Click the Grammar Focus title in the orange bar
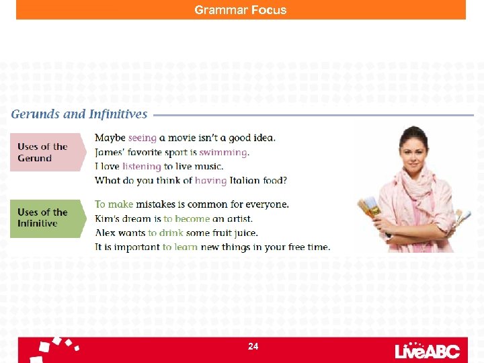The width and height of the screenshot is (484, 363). pos(241,10)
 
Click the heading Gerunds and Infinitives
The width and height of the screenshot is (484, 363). pos(79,114)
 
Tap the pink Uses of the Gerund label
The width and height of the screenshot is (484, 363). pos(43,153)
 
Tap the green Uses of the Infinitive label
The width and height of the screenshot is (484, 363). pos(43,218)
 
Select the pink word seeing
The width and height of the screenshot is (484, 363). pos(142,138)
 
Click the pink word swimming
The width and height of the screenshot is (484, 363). pos(223,153)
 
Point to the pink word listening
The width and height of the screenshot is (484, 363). pos(141,167)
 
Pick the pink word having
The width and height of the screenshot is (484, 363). pos(210,181)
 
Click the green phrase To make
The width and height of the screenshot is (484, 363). pos(114,204)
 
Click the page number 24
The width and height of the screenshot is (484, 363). pos(253,347)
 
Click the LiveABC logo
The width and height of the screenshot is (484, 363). pos(427,350)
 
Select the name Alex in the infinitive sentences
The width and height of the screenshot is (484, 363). pos(106,233)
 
